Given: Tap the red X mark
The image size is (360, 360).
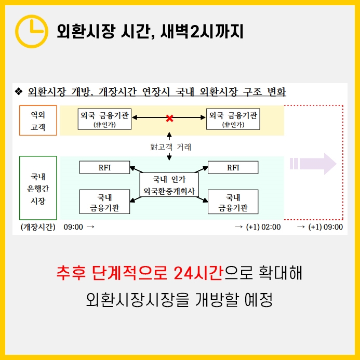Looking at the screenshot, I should (169, 118).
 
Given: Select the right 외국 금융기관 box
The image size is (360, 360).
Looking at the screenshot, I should (233, 119).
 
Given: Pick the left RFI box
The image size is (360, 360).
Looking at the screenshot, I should (104, 167).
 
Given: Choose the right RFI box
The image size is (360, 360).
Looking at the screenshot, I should (233, 167).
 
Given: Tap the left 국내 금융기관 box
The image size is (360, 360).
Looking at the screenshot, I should (104, 202).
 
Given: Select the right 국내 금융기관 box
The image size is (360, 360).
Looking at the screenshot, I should (233, 202).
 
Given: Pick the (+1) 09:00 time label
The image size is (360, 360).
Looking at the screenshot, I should (325, 227).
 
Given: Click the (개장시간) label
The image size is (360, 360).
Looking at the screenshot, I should (37, 227).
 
